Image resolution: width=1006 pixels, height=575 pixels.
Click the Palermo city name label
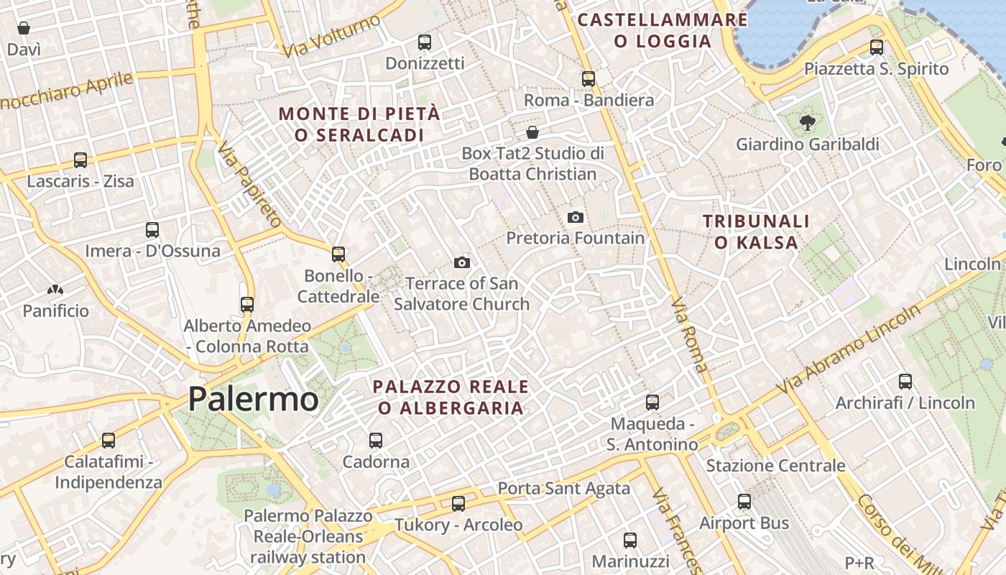(253, 400)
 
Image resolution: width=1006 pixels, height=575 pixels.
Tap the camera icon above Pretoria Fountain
(576, 217)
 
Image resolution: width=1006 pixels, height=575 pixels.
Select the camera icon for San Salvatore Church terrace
(462, 263)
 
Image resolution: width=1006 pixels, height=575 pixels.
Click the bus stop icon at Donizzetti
(425, 42)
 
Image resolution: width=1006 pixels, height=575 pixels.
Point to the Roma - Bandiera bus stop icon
(589, 79)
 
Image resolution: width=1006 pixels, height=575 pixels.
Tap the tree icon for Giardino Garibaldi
(807, 123)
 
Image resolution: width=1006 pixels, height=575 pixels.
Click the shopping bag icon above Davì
(24, 29)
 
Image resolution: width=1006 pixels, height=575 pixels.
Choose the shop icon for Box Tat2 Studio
(532, 132)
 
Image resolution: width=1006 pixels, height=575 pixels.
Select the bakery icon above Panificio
(55, 290)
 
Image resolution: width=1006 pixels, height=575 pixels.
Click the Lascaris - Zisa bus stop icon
(80, 160)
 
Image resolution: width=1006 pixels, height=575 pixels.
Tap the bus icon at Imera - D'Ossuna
(152, 230)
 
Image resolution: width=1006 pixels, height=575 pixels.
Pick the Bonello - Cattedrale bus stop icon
(338, 254)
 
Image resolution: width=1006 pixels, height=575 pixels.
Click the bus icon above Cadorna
(375, 440)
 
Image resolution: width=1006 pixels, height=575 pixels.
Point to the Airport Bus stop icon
(744, 502)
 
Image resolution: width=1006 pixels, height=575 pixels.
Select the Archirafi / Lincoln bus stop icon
(905, 382)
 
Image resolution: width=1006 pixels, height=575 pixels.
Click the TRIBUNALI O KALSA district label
(756, 231)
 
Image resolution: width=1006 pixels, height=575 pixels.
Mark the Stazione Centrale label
(775, 466)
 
